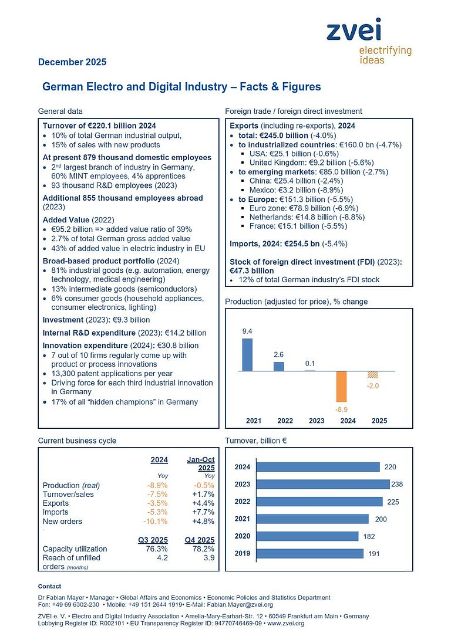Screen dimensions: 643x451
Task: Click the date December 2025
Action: pyautogui.click(x=72, y=62)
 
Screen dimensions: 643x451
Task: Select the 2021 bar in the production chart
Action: pyautogui.click(x=247, y=355)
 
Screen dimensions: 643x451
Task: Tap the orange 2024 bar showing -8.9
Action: pyautogui.click(x=342, y=386)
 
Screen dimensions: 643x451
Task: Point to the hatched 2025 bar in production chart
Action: pyautogui.click(x=372, y=374)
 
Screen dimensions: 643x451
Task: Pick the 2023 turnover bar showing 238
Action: pyautogui.click(x=324, y=484)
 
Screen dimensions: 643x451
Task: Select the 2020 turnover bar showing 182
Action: pyautogui.click(x=308, y=536)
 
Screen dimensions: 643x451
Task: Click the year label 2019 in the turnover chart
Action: pyautogui.click(x=242, y=553)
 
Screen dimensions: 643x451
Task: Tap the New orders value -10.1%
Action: pyautogui.click(x=156, y=522)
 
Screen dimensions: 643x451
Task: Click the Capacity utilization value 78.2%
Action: pyautogui.click(x=203, y=549)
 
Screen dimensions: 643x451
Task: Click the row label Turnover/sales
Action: pyautogui.click(x=68, y=494)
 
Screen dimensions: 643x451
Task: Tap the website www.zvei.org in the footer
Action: pyautogui.click(x=286, y=623)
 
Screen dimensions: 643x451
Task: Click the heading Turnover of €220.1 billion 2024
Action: pyautogui.click(x=99, y=126)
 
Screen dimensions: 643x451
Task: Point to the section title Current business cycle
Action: pyautogui.click(x=77, y=441)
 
